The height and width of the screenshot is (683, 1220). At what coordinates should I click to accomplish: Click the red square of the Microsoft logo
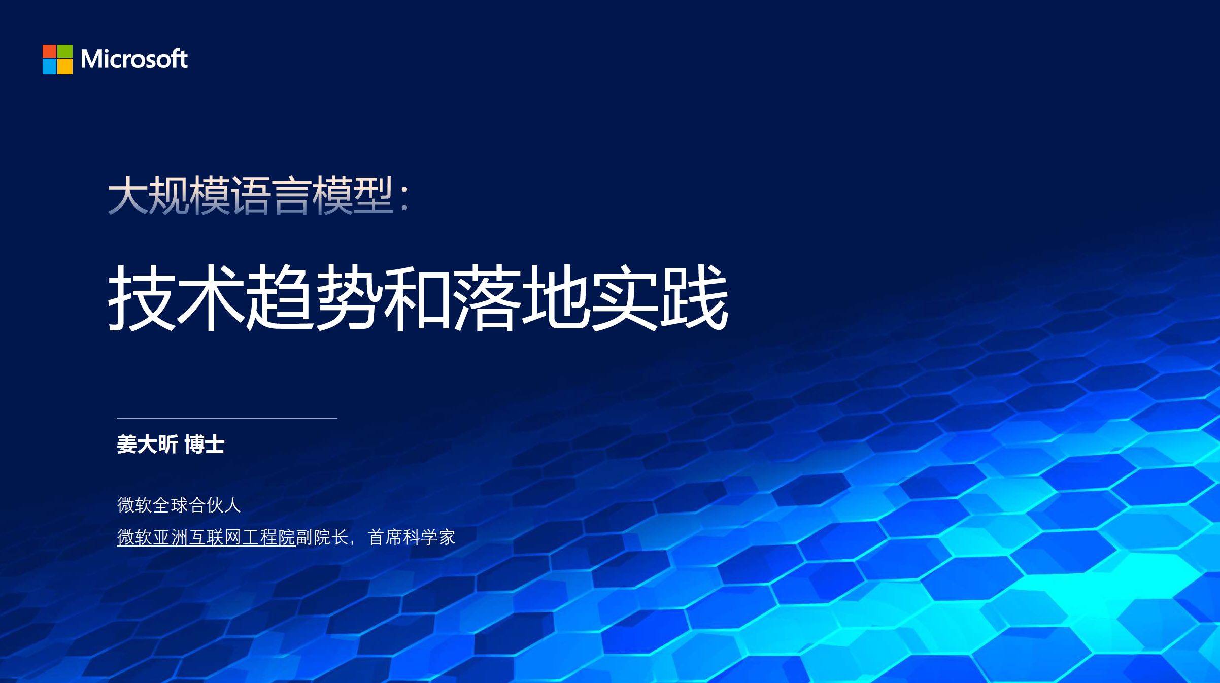click(50, 52)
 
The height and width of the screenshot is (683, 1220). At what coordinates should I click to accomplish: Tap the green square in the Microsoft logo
click(65, 52)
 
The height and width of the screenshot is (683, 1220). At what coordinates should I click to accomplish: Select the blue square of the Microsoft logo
click(50, 67)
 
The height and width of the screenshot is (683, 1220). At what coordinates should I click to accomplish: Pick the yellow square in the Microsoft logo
click(65, 67)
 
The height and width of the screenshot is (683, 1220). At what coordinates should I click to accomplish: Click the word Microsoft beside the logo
click(134, 59)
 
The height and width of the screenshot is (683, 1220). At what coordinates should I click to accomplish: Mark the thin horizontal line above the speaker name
click(227, 419)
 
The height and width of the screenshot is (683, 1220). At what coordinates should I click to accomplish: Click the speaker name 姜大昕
click(147, 445)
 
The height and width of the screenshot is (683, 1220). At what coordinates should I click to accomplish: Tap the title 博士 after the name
click(204, 445)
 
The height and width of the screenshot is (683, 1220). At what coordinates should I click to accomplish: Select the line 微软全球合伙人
click(179, 505)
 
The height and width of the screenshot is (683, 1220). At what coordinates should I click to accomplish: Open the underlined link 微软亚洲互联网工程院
click(206, 537)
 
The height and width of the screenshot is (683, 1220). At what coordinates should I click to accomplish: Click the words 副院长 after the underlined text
click(322, 537)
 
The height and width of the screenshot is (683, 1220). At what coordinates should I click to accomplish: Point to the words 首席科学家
click(412, 537)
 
